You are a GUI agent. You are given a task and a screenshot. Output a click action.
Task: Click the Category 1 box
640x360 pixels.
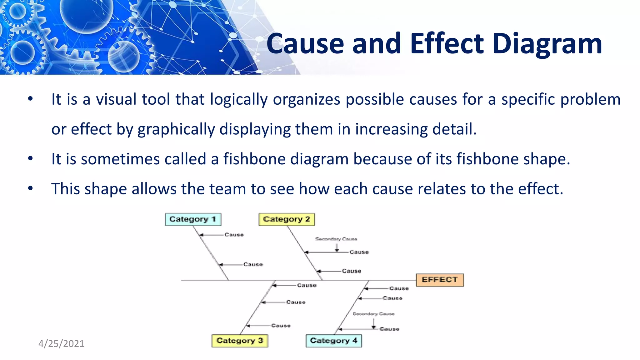[193, 219]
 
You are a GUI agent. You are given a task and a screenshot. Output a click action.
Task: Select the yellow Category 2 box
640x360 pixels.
[287, 219]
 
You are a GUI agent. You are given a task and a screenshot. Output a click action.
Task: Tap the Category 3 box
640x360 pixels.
[240, 341]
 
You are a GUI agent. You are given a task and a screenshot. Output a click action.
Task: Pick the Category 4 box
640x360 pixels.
[334, 341]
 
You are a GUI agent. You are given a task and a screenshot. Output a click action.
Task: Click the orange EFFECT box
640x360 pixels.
[440, 280]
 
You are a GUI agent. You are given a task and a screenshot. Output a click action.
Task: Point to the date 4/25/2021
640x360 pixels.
[61, 344]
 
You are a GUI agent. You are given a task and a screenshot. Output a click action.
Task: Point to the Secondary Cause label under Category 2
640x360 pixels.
[336, 239]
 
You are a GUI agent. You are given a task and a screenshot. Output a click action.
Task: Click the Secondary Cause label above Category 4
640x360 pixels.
[373, 314]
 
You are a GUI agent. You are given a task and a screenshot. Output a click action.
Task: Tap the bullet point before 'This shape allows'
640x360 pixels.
[30, 188]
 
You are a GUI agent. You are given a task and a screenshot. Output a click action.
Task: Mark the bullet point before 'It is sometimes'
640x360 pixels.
[30, 158]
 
